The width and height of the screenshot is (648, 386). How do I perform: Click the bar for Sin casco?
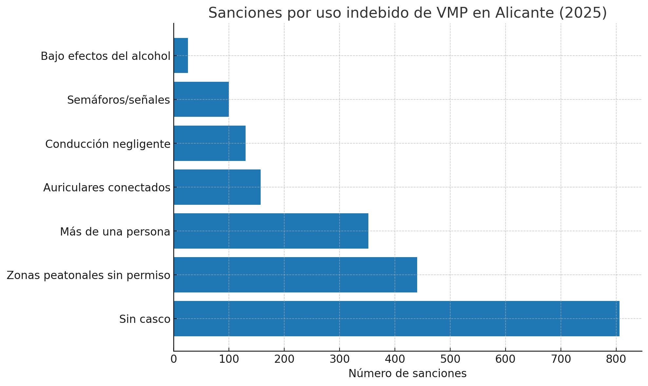coord(396,318)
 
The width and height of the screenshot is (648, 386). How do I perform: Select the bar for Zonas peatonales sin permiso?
coord(295,274)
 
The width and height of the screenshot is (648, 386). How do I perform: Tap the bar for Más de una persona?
coord(271,231)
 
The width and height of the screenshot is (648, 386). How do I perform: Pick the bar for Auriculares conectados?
coord(217,187)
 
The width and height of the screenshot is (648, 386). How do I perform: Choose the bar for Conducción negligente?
coord(210,143)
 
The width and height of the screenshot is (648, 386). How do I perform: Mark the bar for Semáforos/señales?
coord(201,99)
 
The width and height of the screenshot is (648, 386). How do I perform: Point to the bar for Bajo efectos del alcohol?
coord(181,55)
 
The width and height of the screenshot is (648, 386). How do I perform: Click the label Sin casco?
coord(145,319)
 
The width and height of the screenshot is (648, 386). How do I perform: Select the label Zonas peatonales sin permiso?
coord(88,275)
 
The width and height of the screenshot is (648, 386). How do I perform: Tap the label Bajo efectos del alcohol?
coord(105,56)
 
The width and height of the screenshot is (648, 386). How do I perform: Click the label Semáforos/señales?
coord(119,100)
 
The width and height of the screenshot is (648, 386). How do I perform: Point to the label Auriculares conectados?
coord(107,187)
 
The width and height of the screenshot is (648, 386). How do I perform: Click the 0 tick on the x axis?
coord(174,359)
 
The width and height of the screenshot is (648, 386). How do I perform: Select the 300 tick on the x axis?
coord(340,359)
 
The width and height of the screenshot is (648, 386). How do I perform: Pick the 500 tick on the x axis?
coord(450,359)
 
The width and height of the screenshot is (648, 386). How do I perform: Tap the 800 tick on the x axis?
coord(616,359)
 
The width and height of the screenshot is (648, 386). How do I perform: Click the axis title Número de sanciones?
coord(407,373)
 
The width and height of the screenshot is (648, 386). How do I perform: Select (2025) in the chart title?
coord(583,13)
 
